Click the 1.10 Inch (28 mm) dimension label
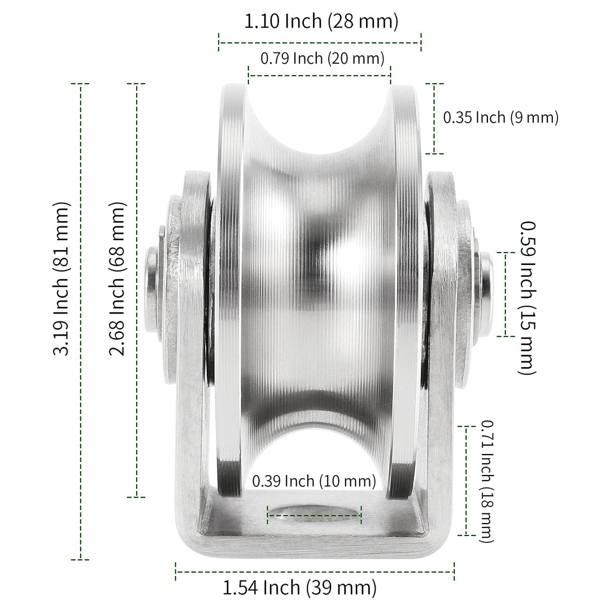[321, 22]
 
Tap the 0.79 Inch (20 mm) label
[322, 58]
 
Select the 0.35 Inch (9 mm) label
[500, 117]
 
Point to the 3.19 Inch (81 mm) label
[61, 278]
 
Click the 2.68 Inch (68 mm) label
[117, 279]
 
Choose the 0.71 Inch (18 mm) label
[487, 481]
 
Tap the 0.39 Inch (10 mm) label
[314, 481]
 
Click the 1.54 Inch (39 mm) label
[299, 588]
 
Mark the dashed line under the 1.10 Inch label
[320, 42]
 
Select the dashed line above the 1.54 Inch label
[315, 571]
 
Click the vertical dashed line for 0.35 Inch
[434, 118]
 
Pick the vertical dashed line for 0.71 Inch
[467, 481]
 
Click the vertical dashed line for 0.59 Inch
[506, 294]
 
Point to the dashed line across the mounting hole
[314, 515]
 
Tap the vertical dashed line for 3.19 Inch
[80, 321]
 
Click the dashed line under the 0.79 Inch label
[320, 75]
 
